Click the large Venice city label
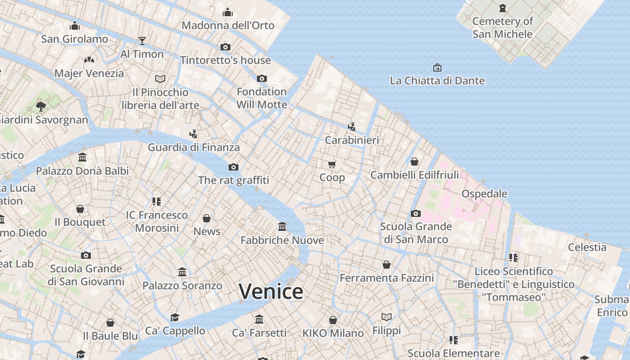pos(271,292)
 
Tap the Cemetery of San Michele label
pos(502,27)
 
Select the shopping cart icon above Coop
pos(332,164)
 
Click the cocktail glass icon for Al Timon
pos(142,41)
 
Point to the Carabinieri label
pos(352,140)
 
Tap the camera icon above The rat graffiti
pos(233,167)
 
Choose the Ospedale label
pos(484,194)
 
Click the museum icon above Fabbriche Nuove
pos(282,226)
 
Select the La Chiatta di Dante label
pos(437,81)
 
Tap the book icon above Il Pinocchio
pos(160,79)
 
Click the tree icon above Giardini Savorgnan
pos(41,107)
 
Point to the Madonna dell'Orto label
pos(228,25)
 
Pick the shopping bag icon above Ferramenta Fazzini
pos(386,265)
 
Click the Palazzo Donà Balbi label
pos(82,171)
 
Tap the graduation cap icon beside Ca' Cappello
pos(175,318)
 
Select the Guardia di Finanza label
pos(193,147)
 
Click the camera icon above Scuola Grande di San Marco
pos(416,213)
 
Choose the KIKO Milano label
pos(333,333)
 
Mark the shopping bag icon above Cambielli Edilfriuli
pos(414,162)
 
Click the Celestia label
pos(587,247)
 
